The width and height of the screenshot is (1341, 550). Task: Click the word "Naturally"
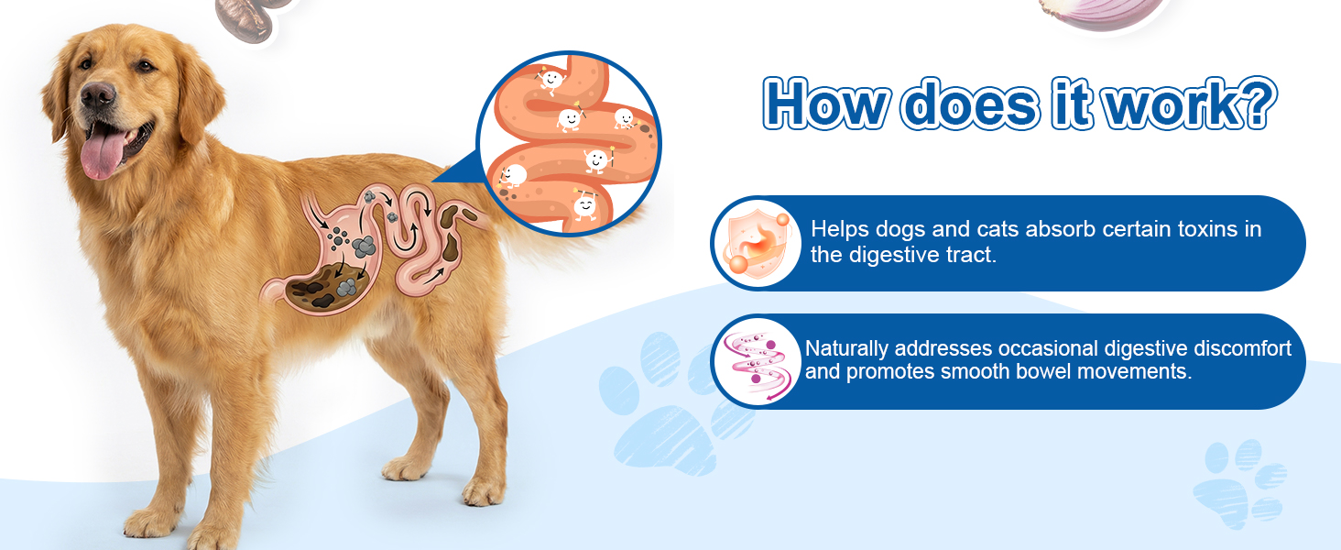[x=846, y=349]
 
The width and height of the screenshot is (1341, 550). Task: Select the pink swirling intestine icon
[x=757, y=362]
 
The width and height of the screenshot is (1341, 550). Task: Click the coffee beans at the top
[x=250, y=18]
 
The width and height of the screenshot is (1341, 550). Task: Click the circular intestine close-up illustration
[x=570, y=144]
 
